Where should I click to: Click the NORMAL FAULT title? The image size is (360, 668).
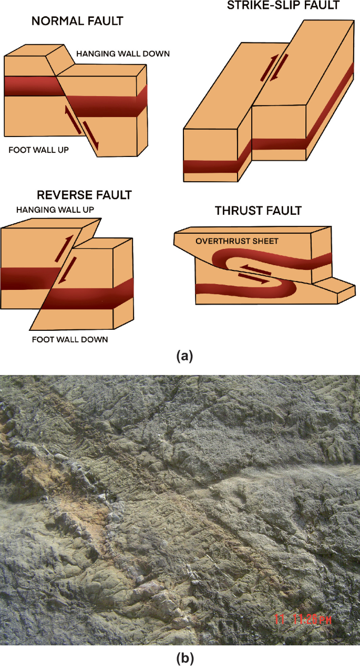click(77, 22)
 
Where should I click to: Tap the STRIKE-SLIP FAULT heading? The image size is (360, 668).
click(283, 6)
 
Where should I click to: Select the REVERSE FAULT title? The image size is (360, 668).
click(84, 195)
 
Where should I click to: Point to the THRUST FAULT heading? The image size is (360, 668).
click(258, 211)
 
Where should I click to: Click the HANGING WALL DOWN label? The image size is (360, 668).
click(123, 54)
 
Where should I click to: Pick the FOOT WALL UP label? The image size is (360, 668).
click(39, 150)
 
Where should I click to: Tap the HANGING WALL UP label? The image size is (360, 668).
click(58, 210)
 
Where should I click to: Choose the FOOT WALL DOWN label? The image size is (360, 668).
click(70, 339)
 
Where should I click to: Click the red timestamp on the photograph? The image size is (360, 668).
click(304, 620)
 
